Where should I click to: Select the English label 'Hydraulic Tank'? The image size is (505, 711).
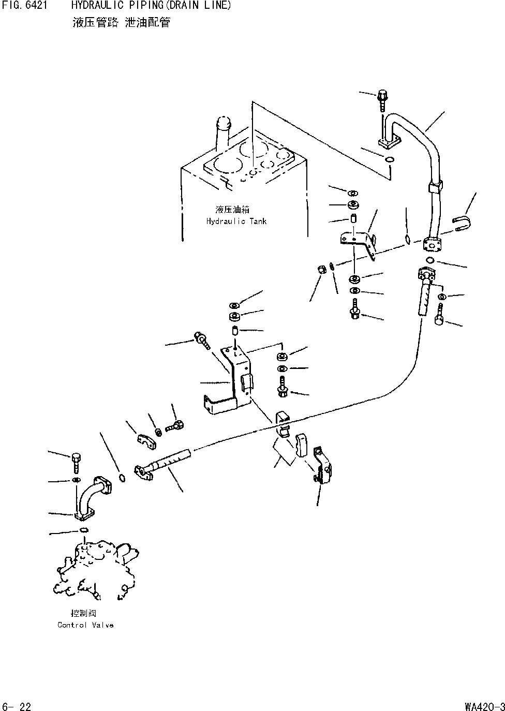click(236, 221)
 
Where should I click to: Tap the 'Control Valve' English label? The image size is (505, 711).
click(85, 625)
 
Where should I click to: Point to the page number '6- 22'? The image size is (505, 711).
click(17, 706)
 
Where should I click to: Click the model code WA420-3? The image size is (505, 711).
click(484, 706)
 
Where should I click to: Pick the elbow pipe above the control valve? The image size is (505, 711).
click(92, 497)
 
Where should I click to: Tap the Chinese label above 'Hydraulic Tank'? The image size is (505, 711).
click(232, 210)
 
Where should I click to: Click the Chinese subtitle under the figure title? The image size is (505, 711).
click(122, 23)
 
